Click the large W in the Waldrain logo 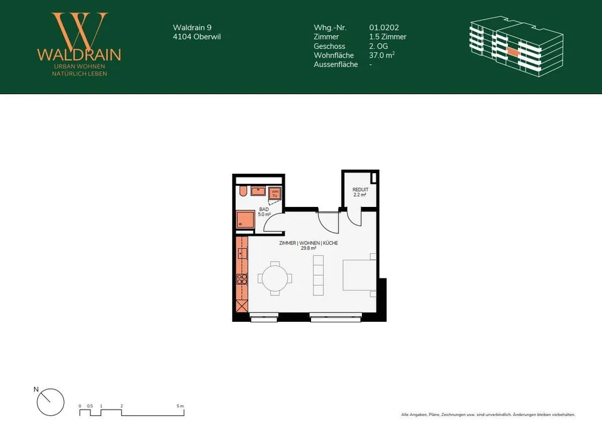click(x=80, y=31)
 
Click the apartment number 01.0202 click(x=384, y=28)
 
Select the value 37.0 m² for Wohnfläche click(x=382, y=55)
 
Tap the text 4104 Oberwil click(x=196, y=37)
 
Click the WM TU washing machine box click(x=275, y=193)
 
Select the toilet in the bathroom click(x=242, y=191)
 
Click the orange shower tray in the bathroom click(x=245, y=220)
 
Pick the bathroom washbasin click(x=259, y=191)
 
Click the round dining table click(x=275, y=278)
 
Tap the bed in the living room click(x=359, y=275)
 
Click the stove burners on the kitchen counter click(x=242, y=279)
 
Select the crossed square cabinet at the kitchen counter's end click(x=242, y=306)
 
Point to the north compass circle click(x=50, y=402)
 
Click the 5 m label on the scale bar click(x=180, y=406)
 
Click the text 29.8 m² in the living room click(x=309, y=248)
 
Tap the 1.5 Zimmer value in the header click(x=388, y=37)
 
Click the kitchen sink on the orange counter click(x=242, y=254)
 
